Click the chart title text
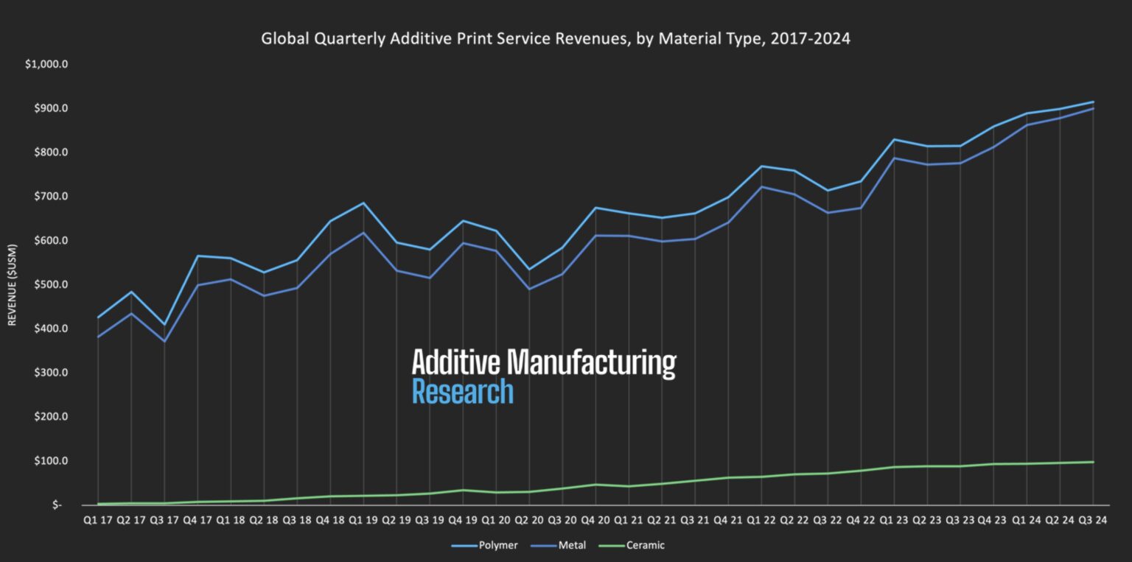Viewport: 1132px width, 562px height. tap(556, 39)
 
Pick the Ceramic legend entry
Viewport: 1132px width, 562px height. tap(645, 546)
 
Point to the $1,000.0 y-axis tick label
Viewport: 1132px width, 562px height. tap(46, 64)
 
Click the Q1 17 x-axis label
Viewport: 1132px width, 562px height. tap(97, 521)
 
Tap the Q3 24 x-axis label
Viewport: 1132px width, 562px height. tap(1092, 521)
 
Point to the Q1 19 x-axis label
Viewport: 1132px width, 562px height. tap(363, 521)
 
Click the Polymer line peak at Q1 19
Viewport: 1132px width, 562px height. tap(363, 203)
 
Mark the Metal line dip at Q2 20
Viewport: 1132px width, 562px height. tap(528, 289)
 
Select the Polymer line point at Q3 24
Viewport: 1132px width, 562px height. tap(1092, 102)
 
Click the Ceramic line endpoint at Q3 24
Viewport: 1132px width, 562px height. tap(1092, 462)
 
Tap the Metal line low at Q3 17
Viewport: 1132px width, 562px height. tap(164, 341)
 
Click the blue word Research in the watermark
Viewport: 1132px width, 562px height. tap(462, 392)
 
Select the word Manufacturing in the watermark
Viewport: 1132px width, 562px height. tap(592, 362)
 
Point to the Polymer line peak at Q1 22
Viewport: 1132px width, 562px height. tap(761, 166)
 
